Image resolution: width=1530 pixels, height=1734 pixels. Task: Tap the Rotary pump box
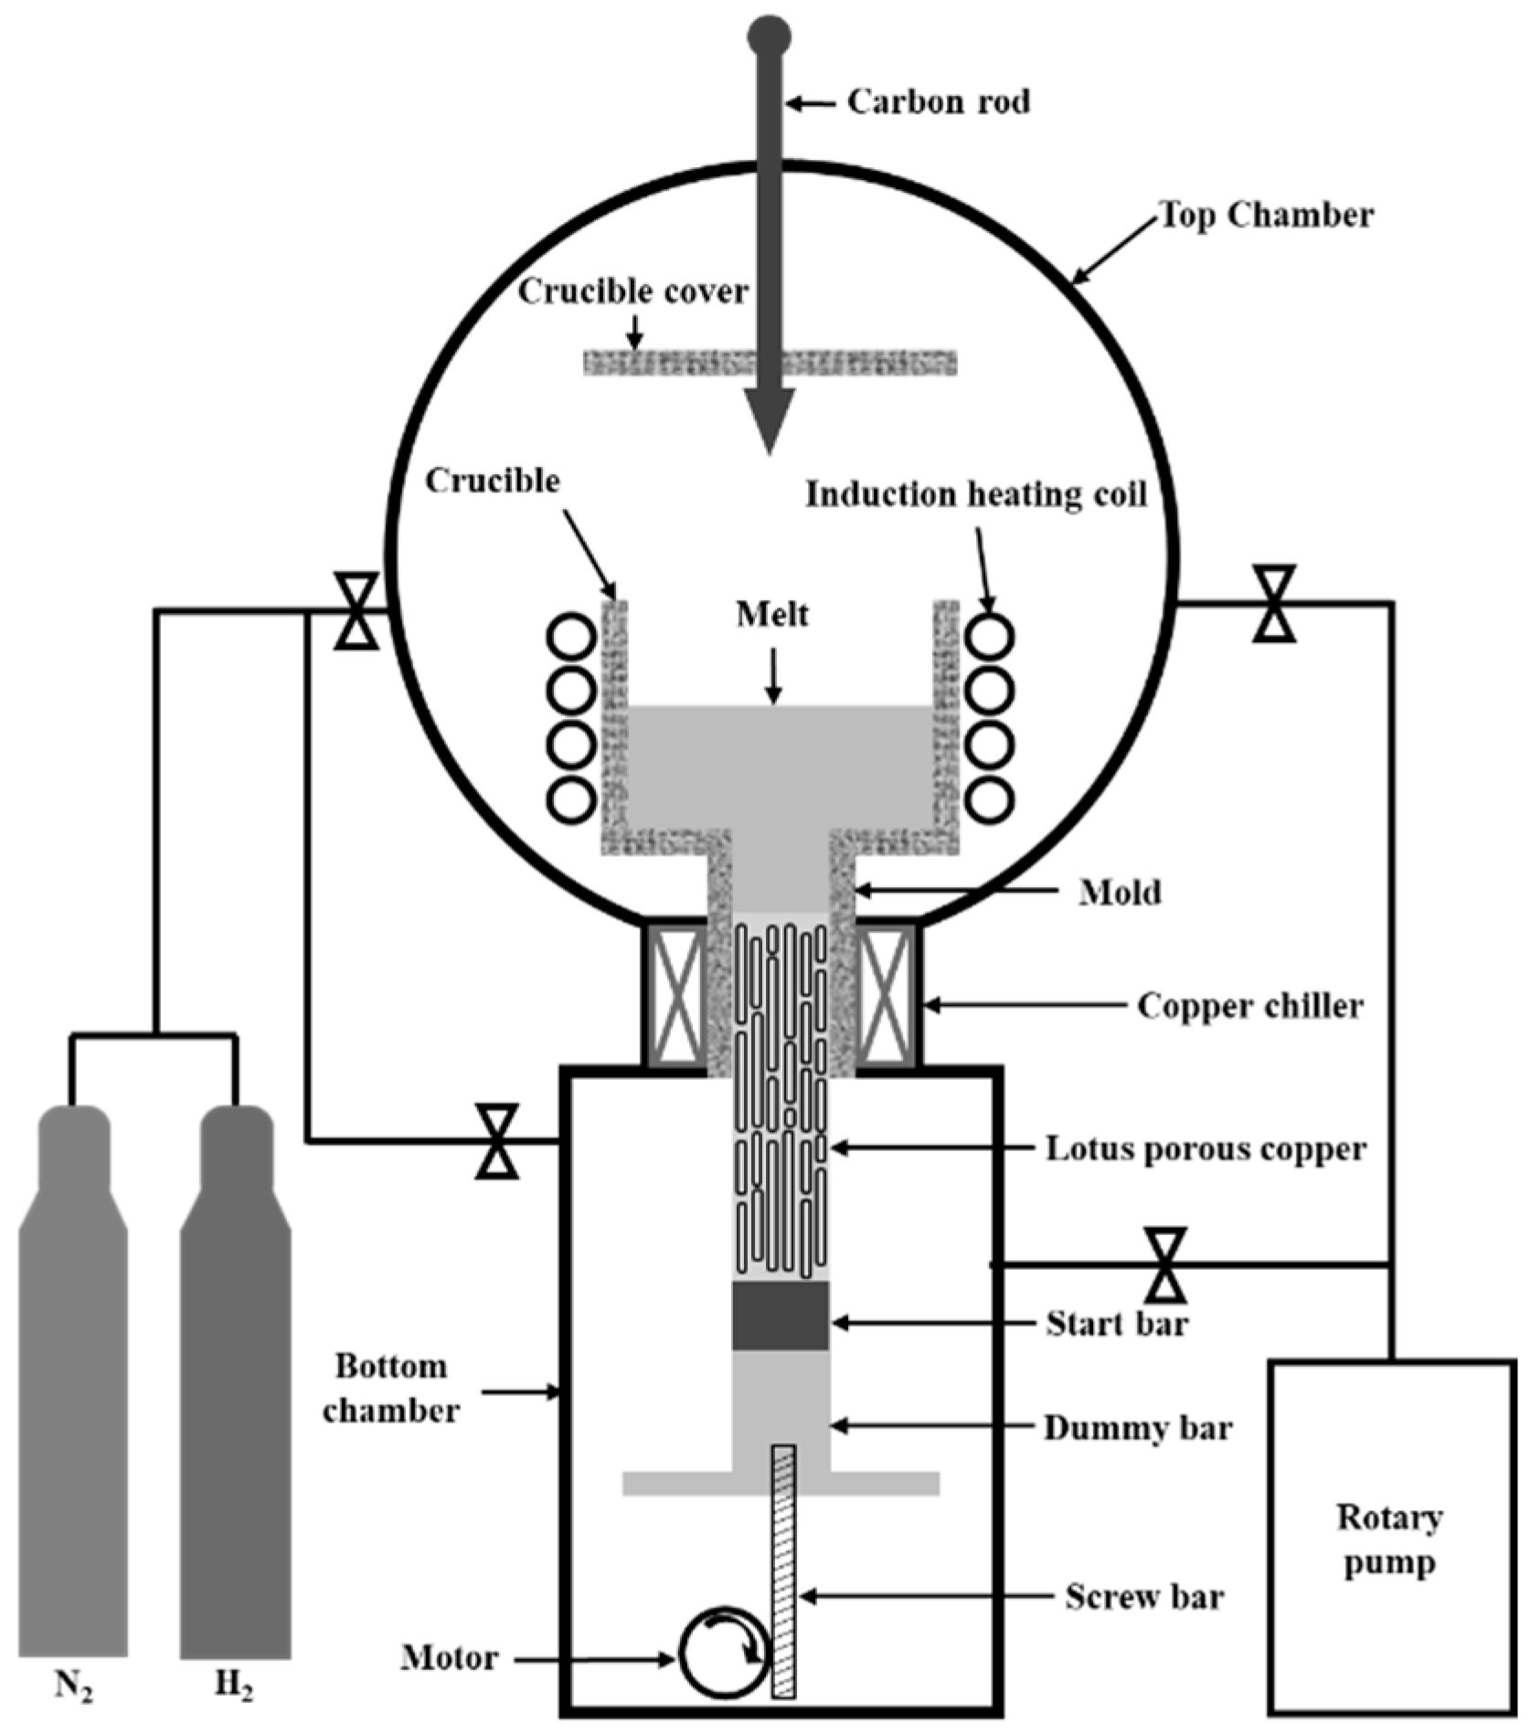[1389, 1544]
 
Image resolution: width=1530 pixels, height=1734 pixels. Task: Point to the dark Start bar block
[781, 1316]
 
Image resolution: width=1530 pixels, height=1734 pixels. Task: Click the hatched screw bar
[783, 1571]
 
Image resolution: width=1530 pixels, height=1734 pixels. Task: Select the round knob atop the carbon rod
[769, 37]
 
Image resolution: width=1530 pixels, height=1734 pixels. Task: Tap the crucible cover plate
[676, 363]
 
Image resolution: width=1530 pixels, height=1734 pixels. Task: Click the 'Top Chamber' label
[1267, 216]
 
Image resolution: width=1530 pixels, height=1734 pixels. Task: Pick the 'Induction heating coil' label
[975, 494]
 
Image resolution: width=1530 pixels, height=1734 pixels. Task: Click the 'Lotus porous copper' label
[1206, 1148]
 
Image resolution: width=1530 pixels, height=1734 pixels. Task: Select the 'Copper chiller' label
[1249, 1006]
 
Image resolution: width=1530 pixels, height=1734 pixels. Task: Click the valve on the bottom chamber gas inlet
[497, 1141]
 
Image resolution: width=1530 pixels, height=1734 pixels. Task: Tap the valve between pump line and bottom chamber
[1166, 1264]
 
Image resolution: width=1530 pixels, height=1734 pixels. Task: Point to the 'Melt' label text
[772, 614]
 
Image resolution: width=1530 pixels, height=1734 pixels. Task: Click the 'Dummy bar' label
[1138, 1427]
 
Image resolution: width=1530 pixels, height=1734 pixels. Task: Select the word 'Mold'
[1120, 892]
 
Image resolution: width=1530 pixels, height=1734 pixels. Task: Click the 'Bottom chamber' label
[390, 1389]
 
